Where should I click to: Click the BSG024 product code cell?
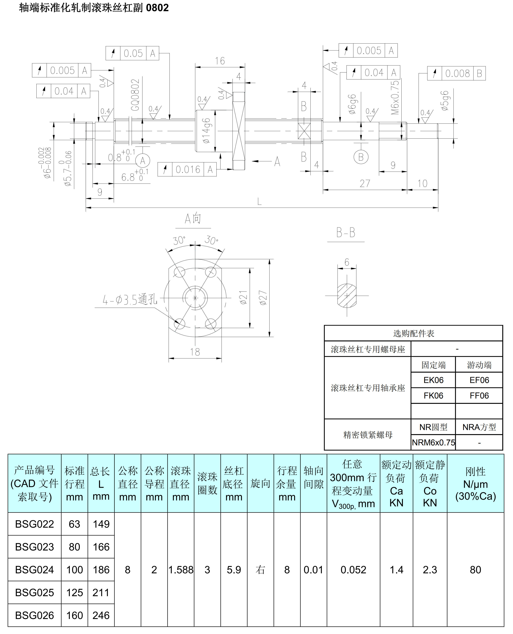click(x=34, y=570)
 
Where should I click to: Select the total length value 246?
click(x=101, y=615)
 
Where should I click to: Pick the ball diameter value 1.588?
click(x=181, y=570)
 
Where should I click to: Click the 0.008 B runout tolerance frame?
click(x=456, y=73)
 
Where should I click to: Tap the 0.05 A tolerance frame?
click(x=132, y=53)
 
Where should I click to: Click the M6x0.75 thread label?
click(x=395, y=98)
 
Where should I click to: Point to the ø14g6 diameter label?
click(x=207, y=131)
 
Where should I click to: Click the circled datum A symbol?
click(x=143, y=161)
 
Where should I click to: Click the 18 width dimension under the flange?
click(x=195, y=352)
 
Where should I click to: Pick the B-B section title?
click(x=346, y=233)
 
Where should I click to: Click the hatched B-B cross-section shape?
click(x=347, y=295)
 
